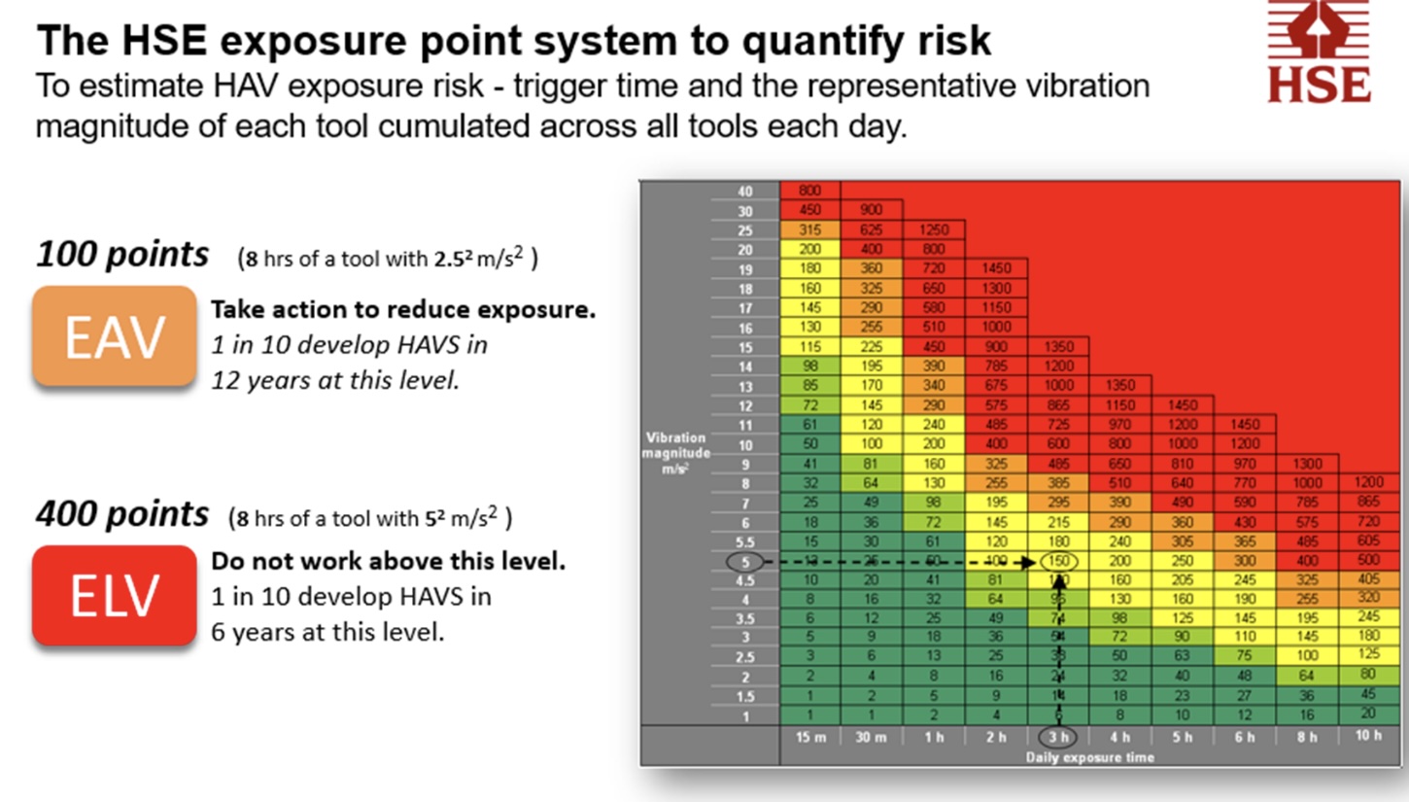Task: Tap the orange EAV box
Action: [114, 336]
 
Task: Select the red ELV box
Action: [114, 595]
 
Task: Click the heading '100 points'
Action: [121, 255]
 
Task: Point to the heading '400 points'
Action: [121, 513]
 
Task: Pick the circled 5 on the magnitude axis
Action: [745, 561]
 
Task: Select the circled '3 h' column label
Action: [1057, 736]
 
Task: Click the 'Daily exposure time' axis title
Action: [1089, 756]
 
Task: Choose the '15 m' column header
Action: [809, 736]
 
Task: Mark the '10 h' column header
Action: [1367, 735]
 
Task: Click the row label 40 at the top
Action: [745, 191]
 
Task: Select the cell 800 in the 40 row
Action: [809, 191]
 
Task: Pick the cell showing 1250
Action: [934, 229]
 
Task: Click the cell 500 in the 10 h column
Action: [1367, 561]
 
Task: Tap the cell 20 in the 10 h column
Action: [1367, 715]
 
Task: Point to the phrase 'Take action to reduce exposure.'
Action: [403, 310]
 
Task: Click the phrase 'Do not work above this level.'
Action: [388, 562]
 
